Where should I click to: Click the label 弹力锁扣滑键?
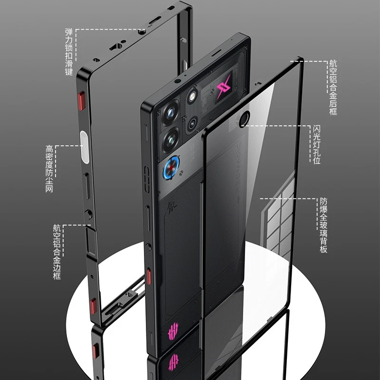69,52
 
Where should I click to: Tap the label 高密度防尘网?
49,169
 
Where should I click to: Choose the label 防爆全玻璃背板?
323,225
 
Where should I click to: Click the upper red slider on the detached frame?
80,101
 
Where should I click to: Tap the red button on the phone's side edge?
149,275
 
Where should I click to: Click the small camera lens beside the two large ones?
192,124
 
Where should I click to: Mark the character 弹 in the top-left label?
69,33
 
